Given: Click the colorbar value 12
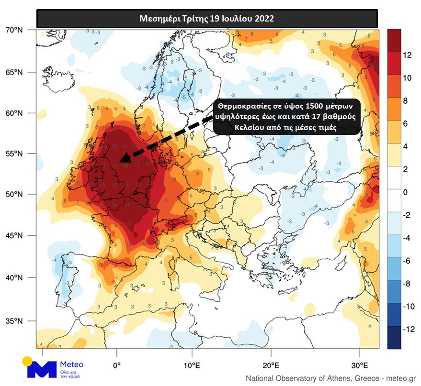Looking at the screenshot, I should click(x=408, y=55).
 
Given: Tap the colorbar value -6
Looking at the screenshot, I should click(x=406, y=261).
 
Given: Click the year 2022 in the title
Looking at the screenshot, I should click(x=264, y=19).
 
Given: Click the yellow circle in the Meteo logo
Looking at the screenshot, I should click(x=28, y=362).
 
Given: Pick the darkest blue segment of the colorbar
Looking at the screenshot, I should click(x=394, y=338).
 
